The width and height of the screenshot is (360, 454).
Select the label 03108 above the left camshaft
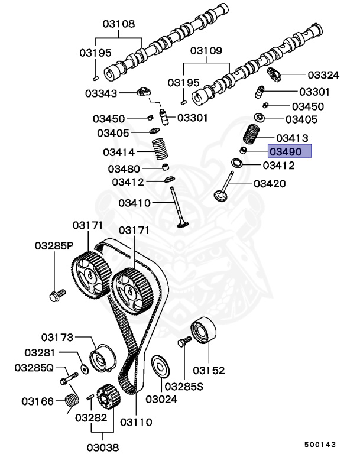119,24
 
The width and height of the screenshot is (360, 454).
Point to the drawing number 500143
322,443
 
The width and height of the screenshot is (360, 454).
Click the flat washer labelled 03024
158,365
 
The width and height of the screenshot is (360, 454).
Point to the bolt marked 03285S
183,342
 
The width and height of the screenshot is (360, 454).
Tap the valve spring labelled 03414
160,149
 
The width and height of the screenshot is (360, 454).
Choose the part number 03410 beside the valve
135,203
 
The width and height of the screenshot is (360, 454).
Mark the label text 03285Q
34,368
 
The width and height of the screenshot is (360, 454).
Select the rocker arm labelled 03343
144,92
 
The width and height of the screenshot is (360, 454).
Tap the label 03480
124,169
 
